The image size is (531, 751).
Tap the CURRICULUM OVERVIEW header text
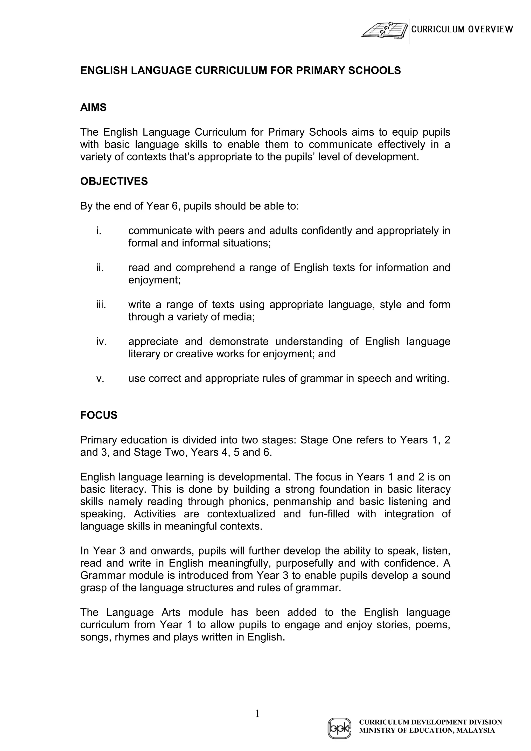tap(462, 30)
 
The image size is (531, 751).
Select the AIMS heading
tap(93, 108)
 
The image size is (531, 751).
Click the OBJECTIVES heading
tap(114, 181)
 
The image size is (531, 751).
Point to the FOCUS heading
tap(99, 415)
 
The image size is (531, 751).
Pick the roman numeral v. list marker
tap(100, 378)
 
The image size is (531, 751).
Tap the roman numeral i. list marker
tap(99, 231)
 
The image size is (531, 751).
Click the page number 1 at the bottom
tap(257, 713)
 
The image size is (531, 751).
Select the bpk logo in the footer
tap(339, 728)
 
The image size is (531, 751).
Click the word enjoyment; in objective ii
tap(154, 280)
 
